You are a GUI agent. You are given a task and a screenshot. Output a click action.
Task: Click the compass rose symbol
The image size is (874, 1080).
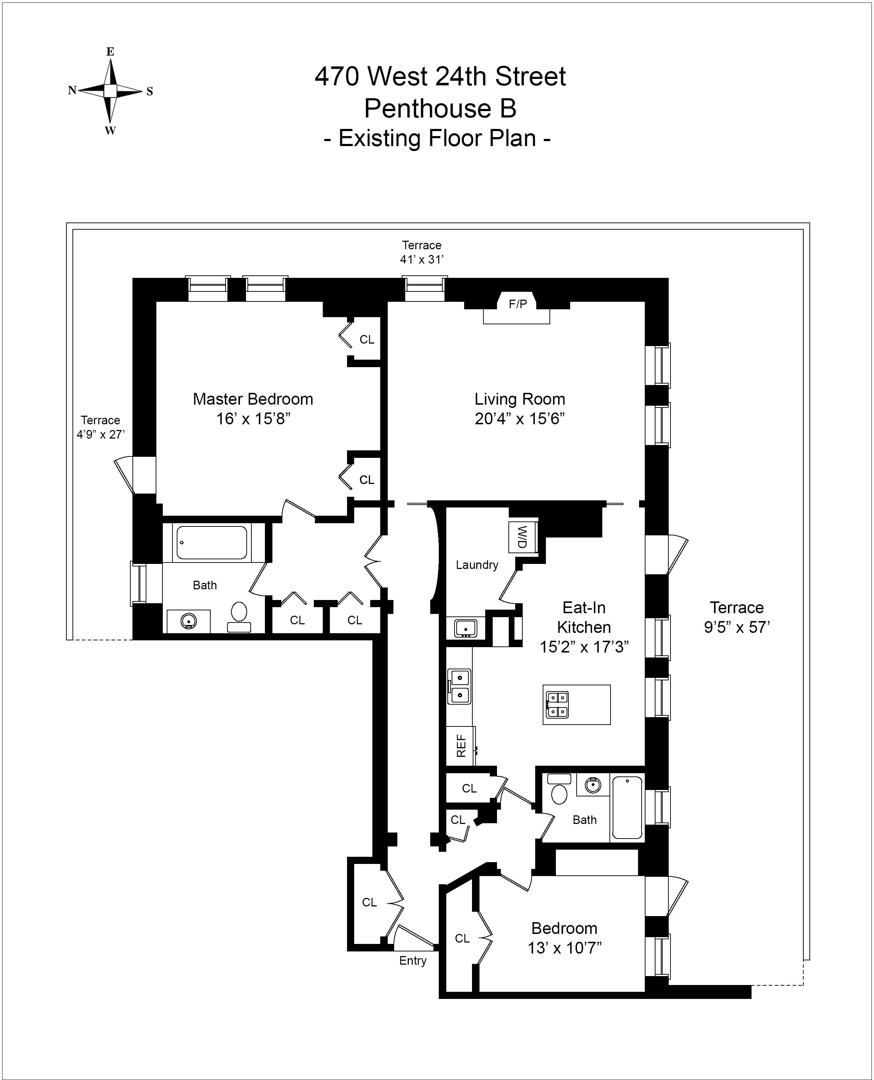[x=110, y=91]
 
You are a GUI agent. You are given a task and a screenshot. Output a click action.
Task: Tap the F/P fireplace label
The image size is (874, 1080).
[x=518, y=304]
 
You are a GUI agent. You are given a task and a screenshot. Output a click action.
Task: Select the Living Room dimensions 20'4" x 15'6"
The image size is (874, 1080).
[x=519, y=419]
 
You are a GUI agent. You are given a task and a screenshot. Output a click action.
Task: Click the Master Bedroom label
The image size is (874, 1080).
[x=253, y=399]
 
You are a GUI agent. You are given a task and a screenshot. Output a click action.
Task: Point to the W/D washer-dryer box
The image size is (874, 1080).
[x=522, y=537]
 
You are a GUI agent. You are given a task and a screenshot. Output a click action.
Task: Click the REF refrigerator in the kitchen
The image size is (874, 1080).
[x=460, y=746]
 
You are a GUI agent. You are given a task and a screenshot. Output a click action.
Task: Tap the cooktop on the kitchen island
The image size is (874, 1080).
[x=557, y=704]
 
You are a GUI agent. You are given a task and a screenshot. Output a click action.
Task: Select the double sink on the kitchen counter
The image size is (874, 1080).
[x=459, y=686]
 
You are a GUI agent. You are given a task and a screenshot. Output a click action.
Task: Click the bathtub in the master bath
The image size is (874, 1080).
[x=211, y=543]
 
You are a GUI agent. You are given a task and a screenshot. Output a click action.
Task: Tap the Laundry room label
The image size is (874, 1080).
[x=477, y=565]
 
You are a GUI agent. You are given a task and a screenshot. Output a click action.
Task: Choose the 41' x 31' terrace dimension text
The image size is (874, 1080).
[x=421, y=260]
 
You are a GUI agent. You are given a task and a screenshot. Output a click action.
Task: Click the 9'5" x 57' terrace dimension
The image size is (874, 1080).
[x=737, y=627]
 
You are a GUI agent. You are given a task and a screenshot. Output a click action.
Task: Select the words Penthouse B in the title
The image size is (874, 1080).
[x=440, y=109]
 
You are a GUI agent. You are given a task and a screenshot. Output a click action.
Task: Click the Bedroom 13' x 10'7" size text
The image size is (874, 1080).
[x=564, y=948]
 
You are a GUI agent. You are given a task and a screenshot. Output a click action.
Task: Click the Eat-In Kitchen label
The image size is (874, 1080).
[x=584, y=617]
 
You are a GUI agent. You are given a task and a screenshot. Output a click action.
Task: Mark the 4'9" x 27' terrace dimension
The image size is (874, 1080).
[x=100, y=435]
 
